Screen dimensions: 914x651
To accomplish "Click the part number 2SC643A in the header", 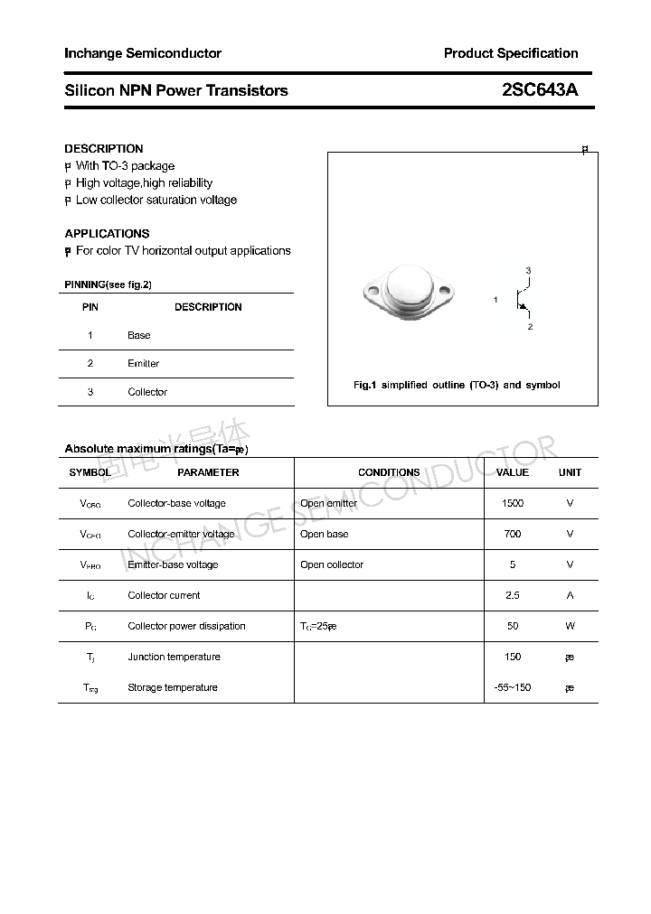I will pyautogui.click(x=539, y=90).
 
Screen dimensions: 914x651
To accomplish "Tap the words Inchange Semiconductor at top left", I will pyautogui.click(x=143, y=53).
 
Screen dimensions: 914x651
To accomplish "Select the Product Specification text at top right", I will pyautogui.click(x=511, y=53).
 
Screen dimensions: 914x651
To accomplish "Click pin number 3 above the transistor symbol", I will pyautogui.click(x=528, y=271).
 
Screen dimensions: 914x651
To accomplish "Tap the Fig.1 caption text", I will pyautogui.click(x=456, y=385).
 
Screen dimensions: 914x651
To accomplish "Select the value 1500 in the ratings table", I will pyautogui.click(x=513, y=503).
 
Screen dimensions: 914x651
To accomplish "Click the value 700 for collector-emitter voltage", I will pyautogui.click(x=513, y=534).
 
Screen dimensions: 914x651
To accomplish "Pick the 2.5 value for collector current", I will pyautogui.click(x=513, y=595).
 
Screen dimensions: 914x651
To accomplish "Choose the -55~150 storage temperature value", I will pyautogui.click(x=513, y=687).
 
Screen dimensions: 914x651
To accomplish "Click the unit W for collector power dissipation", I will pyautogui.click(x=570, y=626).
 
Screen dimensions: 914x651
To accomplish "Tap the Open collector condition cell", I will pyautogui.click(x=332, y=564).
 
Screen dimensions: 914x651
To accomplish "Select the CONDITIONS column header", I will pyautogui.click(x=389, y=472).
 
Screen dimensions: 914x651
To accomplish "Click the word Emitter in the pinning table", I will pyautogui.click(x=143, y=363).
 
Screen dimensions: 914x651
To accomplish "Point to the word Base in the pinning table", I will pyautogui.click(x=139, y=335).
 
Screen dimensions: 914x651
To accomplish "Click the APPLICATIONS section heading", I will pyautogui.click(x=107, y=233).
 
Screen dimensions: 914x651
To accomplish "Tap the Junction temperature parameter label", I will pyautogui.click(x=174, y=657).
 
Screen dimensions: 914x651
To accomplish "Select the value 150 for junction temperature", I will pyautogui.click(x=513, y=657).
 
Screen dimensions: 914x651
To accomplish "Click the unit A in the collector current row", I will pyautogui.click(x=570, y=595).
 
